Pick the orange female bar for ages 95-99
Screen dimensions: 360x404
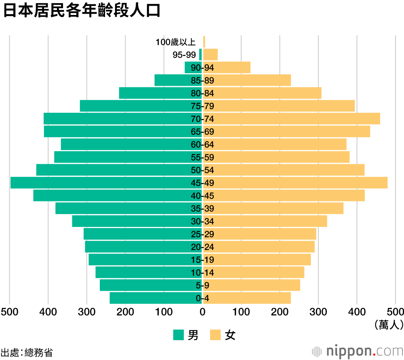pyautogui.click(x=210, y=55)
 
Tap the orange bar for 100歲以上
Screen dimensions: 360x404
pyautogui.click(x=204, y=42)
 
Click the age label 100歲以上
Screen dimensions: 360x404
pyautogui.click(x=175, y=42)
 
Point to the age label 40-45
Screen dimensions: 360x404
pyautogui.click(x=202, y=196)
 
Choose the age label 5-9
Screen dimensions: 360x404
pyautogui.click(x=202, y=286)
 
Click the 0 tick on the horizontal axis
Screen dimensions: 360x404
pyautogui.click(x=202, y=312)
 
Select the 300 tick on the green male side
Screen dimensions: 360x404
pyautogui.click(x=86, y=312)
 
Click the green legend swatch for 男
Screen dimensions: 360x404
pyautogui.click(x=179, y=335)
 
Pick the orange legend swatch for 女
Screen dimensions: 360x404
pyautogui.click(x=215, y=335)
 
